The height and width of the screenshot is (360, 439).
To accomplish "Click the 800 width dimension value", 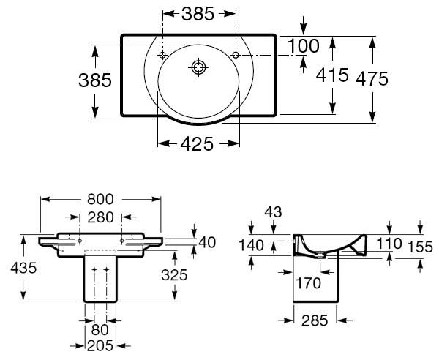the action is pyautogui.click(x=100, y=199).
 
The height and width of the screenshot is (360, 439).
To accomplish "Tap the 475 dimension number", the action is pyautogui.click(x=372, y=79).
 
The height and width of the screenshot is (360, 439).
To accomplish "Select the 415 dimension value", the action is pyautogui.click(x=332, y=75).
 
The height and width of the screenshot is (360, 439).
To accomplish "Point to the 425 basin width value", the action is pyautogui.click(x=197, y=144).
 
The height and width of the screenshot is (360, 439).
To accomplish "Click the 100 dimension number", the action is pyautogui.click(x=304, y=46).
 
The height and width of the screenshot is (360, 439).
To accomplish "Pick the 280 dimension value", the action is pyautogui.click(x=100, y=217).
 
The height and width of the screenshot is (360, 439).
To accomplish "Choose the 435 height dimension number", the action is pyautogui.click(x=23, y=268).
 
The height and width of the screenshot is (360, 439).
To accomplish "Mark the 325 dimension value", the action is pyautogui.click(x=174, y=275).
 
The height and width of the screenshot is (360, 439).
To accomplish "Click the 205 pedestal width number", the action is pyautogui.click(x=100, y=345).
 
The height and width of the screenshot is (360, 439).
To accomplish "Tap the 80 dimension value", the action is pyautogui.click(x=100, y=330).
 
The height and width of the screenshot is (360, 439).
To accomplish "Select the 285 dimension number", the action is pyautogui.click(x=315, y=320).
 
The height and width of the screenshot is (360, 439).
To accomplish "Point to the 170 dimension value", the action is pyautogui.click(x=308, y=283).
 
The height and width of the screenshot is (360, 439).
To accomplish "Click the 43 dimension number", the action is pyautogui.click(x=273, y=212).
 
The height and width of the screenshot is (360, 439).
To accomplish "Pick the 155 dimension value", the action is pyautogui.click(x=420, y=247).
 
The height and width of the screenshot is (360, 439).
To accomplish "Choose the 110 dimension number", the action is pyautogui.click(x=389, y=243).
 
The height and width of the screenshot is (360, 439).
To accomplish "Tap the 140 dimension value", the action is pyautogui.click(x=251, y=245).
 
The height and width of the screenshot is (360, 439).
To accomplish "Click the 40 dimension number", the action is pyautogui.click(x=207, y=242).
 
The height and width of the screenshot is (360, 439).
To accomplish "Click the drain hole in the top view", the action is pyautogui.click(x=199, y=67).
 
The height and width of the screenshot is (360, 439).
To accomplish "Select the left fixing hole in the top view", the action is pyautogui.click(x=162, y=55).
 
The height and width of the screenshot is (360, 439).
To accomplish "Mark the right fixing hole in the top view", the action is pyautogui.click(x=236, y=55).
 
